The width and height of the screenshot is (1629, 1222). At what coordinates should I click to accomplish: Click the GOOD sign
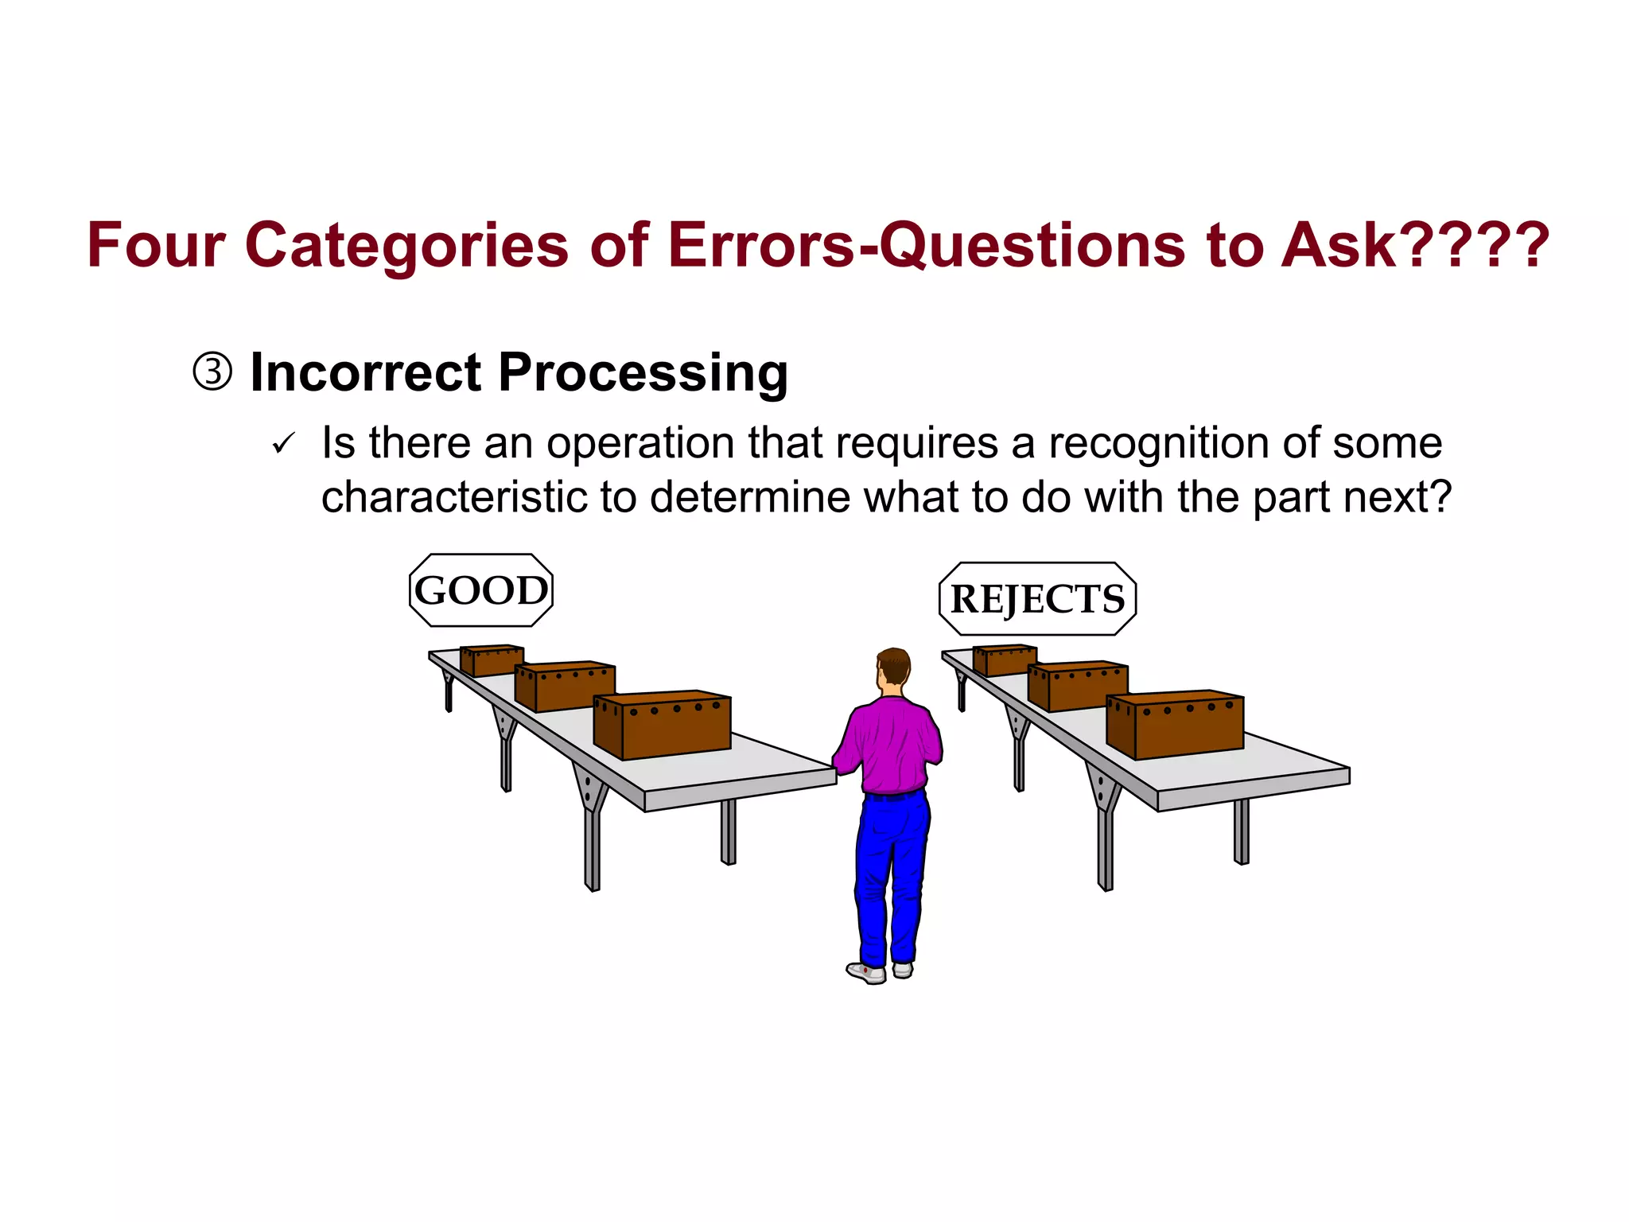(480, 590)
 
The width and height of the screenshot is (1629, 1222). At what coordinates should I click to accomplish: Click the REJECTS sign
(1037, 599)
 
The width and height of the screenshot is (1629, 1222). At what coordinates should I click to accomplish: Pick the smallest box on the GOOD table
(492, 660)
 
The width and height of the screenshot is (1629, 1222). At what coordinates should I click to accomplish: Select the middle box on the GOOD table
(566, 686)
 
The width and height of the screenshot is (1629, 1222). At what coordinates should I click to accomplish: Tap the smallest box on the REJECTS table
(1005, 660)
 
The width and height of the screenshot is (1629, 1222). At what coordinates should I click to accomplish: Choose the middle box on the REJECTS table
(1079, 686)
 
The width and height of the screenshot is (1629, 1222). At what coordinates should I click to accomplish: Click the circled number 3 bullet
(212, 372)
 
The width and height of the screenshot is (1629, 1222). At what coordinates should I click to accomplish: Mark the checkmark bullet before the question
(283, 444)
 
